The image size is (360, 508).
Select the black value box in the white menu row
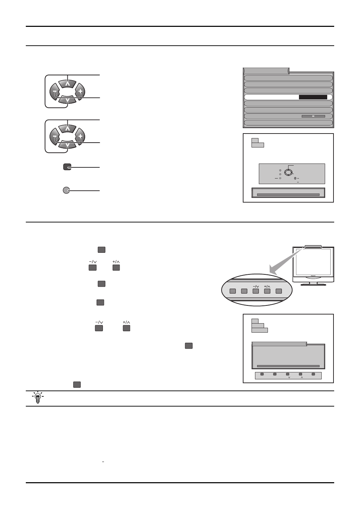pyautogui.click(x=313, y=97)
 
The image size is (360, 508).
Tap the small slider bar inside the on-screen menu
pyautogui.click(x=313, y=116)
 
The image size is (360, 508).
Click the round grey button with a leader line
pyautogui.click(x=66, y=190)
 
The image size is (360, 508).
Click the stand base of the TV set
pyautogui.click(x=313, y=283)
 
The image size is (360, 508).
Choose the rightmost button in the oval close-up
pyautogui.click(x=278, y=291)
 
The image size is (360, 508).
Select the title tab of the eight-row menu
pyautogui.click(x=266, y=71)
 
